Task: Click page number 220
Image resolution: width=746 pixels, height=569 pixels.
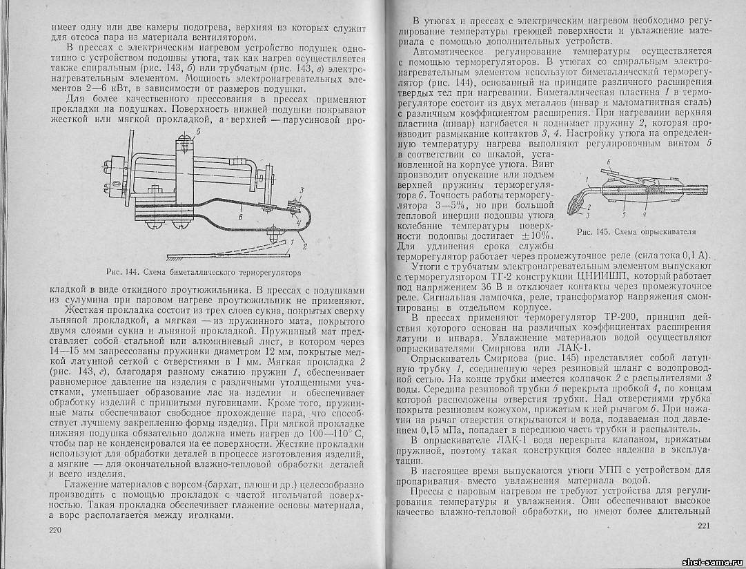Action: (56, 530)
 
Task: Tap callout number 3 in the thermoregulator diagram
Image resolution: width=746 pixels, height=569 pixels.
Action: (301, 190)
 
